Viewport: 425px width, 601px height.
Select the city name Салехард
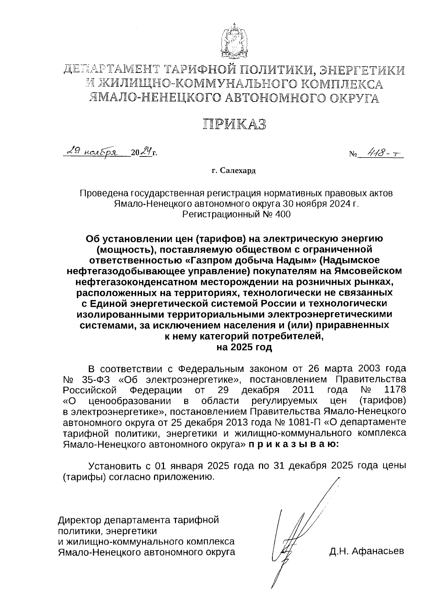coord(238,171)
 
